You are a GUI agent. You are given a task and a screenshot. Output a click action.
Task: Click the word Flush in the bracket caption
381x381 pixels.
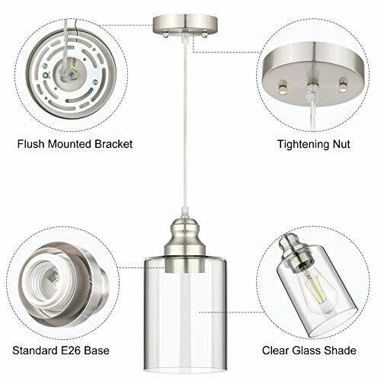pyautogui.click(x=31, y=144)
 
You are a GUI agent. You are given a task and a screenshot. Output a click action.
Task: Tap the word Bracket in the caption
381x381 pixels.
pyautogui.click(x=114, y=144)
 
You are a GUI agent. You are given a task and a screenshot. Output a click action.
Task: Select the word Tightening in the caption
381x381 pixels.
pyautogui.click(x=301, y=144)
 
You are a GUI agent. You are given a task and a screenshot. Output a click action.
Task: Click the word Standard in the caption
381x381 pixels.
pyautogui.click(x=35, y=351)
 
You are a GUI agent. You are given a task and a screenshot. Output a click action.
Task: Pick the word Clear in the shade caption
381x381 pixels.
pyautogui.click(x=276, y=351)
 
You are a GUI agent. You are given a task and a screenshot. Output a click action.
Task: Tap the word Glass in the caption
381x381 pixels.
pyautogui.click(x=306, y=351)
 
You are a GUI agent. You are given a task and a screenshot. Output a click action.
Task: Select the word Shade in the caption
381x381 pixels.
pyautogui.click(x=340, y=351)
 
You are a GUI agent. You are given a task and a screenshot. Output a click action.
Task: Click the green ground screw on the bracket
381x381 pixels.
pyautogui.click(x=46, y=75)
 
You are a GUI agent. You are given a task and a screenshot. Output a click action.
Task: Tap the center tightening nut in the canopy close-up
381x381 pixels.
pyautogui.click(x=312, y=88)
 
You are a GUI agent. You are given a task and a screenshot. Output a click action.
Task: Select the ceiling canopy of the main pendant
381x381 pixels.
pyautogui.click(x=185, y=25)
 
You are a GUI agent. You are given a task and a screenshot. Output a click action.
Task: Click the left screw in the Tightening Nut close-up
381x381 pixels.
pyautogui.click(x=283, y=87)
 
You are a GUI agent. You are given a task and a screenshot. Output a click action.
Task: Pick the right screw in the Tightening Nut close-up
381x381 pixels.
pyautogui.click(x=343, y=86)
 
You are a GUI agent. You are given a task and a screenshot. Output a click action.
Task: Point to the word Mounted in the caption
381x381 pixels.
pyautogui.click(x=70, y=144)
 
